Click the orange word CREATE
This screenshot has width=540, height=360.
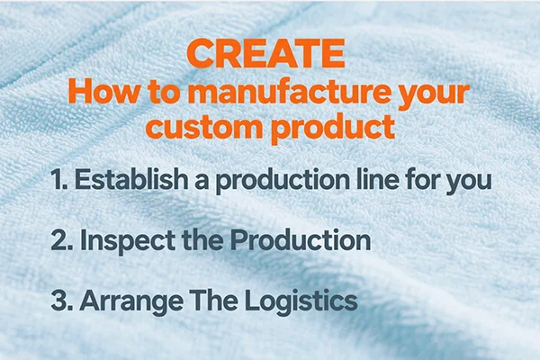point(265,53)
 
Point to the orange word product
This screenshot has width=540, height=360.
point(333,128)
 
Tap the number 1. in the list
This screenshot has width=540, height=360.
point(58,179)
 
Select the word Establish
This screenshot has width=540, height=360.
point(131,179)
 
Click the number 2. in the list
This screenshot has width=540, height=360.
point(61,240)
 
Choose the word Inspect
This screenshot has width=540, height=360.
point(128,242)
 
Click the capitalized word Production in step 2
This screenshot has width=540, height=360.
point(301,239)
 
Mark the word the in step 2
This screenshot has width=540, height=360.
point(202,239)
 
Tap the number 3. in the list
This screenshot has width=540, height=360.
point(62,301)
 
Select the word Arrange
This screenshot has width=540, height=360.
point(131,302)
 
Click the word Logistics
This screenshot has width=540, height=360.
point(301,302)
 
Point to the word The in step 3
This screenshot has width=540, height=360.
point(213,300)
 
